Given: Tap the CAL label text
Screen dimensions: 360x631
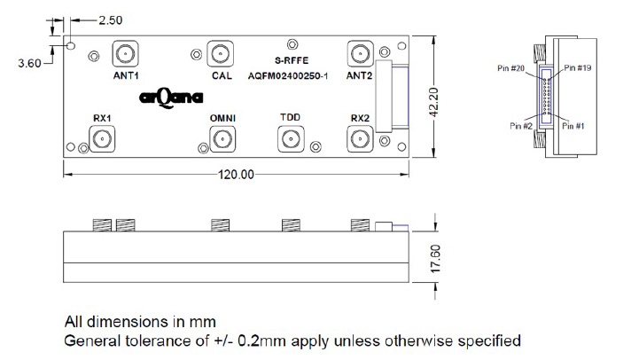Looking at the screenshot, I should point(222,77).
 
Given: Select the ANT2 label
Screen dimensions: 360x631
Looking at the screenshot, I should point(359,77).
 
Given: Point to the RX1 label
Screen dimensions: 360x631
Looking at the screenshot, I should point(102,118).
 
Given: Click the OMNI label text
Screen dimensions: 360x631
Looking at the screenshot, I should point(222,118).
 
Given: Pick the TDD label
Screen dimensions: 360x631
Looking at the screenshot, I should point(290,118).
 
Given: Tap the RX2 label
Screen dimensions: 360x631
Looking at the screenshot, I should point(359,118).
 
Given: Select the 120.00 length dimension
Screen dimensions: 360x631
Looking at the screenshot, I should point(236,174).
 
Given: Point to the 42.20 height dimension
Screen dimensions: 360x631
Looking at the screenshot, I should point(434,99).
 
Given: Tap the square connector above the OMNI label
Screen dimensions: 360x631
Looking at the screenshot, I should point(222,138).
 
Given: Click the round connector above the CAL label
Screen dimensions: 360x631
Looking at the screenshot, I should point(222,53).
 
